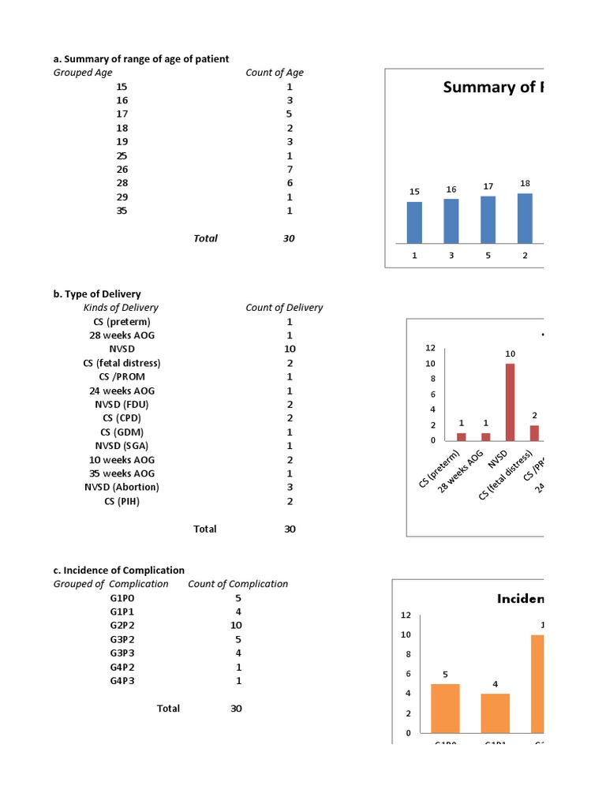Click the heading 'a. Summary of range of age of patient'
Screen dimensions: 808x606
[141, 59]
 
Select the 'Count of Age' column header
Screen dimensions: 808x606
[275, 73]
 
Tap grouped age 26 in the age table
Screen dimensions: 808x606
[122, 170]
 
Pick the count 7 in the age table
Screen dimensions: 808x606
[290, 170]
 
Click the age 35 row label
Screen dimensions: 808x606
[122, 211]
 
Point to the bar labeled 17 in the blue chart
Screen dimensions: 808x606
[488, 219]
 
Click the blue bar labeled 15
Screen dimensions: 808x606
[414, 223]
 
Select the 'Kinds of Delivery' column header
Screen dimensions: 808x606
[121, 308]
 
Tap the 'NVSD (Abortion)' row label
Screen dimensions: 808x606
[122, 487]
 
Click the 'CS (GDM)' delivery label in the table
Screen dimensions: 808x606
[122, 432]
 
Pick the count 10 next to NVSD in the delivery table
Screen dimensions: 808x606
[290, 349]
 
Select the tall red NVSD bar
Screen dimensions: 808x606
[510, 402]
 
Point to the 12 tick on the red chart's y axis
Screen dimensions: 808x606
[430, 348]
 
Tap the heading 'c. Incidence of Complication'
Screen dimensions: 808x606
[119, 570]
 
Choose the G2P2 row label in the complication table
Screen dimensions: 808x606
[122, 626]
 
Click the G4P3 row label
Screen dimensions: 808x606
[122, 681]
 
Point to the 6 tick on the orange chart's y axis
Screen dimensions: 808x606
[406, 674]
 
